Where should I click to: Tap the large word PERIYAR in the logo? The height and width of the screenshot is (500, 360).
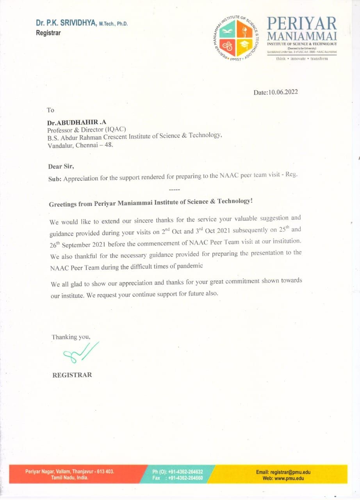point(301,24)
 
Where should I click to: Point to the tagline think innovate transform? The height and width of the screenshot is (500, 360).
point(302,59)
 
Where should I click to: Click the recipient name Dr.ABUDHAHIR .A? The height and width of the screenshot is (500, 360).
point(77,123)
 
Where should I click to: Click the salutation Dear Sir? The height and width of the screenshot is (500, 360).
point(61,166)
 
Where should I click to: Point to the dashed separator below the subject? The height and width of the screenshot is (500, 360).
point(174,189)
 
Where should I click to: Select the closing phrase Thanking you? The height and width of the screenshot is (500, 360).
point(71,337)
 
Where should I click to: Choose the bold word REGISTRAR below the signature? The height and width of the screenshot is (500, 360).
point(72,375)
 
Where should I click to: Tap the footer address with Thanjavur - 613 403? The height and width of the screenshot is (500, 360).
point(70,471)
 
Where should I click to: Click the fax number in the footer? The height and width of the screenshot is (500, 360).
point(184,478)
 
